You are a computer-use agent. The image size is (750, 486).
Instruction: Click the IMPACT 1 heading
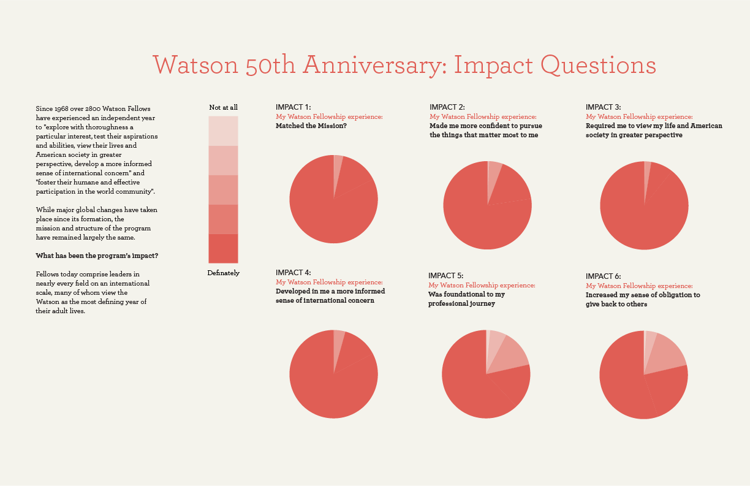click(293, 107)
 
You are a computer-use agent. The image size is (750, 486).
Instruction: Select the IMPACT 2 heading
click(447, 107)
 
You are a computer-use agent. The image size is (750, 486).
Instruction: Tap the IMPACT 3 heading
click(604, 107)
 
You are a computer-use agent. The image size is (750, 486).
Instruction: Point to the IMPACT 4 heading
click(294, 273)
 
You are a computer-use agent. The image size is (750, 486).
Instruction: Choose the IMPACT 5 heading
click(446, 276)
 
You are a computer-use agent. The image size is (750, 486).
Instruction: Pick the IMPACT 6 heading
click(604, 276)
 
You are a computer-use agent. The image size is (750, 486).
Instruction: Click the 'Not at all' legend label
click(223, 108)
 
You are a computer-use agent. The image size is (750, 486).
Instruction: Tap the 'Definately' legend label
click(223, 273)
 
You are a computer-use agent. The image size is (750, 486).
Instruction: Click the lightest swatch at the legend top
click(223, 131)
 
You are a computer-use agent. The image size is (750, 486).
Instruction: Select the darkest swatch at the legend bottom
click(223, 248)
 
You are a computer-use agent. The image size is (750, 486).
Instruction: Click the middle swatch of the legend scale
click(223, 189)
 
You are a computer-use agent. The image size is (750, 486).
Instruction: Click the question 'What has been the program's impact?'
click(96, 256)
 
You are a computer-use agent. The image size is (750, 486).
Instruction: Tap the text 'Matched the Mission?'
click(311, 126)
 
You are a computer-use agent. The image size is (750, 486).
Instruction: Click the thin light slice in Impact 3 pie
click(648, 171)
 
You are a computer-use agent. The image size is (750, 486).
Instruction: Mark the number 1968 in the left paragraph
click(62, 108)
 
